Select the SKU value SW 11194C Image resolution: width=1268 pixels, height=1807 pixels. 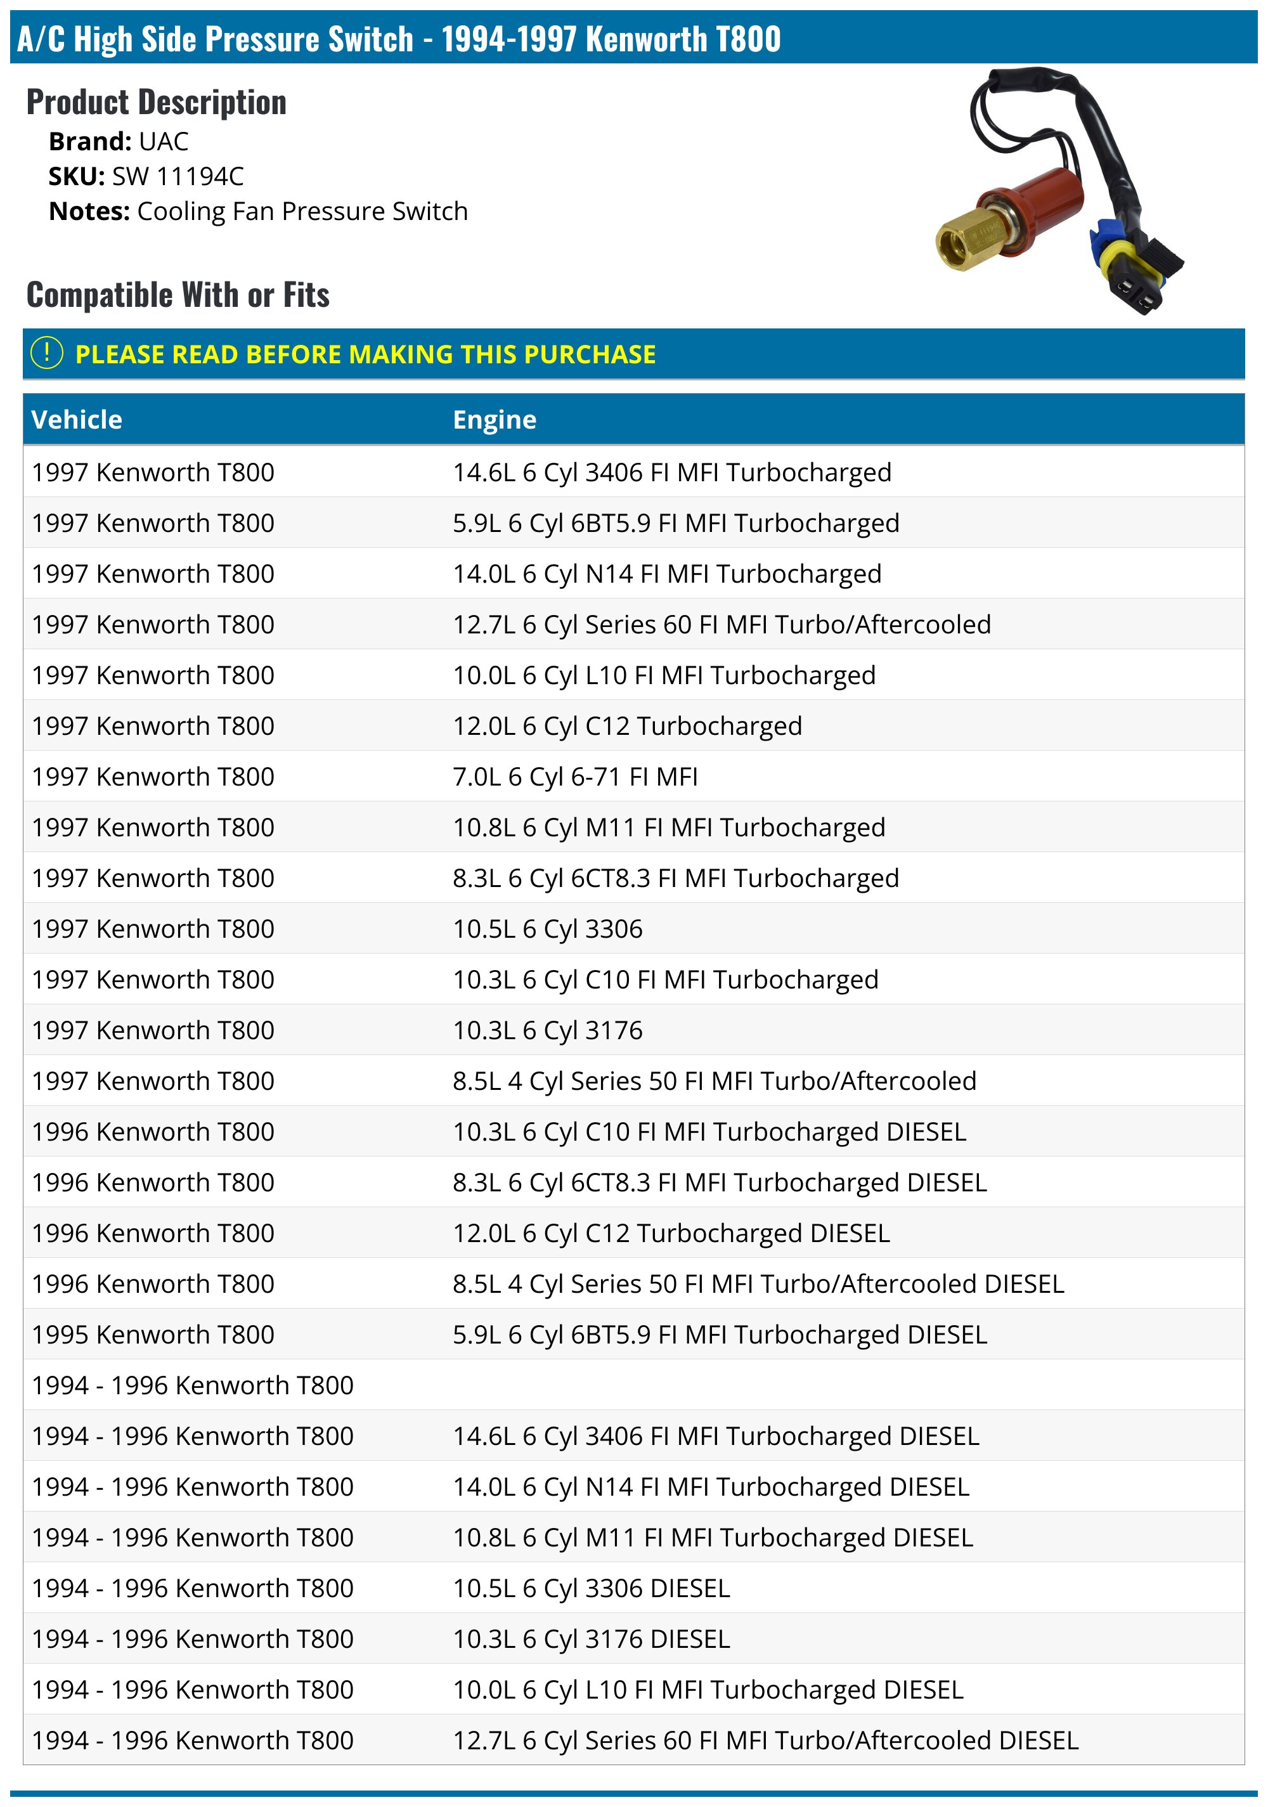pos(178,176)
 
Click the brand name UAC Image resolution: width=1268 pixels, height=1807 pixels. pos(164,141)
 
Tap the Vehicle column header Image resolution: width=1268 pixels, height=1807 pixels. pos(77,420)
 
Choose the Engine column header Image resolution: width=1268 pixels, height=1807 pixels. pos(495,420)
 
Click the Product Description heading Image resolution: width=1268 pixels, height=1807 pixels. pos(157,102)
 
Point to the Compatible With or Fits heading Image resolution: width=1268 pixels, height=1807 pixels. pos(178,295)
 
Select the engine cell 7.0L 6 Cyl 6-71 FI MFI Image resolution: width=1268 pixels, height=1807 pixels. pos(574,777)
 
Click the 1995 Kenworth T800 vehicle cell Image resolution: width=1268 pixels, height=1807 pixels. pos(153,1335)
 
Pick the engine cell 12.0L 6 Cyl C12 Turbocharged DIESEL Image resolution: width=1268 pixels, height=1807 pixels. pos(671,1233)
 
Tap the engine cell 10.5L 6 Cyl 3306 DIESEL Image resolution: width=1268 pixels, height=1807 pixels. pos(591,1588)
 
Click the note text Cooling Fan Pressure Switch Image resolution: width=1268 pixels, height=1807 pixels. pos(302,212)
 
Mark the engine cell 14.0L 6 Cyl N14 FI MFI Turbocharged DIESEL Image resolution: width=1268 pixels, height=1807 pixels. pos(710,1487)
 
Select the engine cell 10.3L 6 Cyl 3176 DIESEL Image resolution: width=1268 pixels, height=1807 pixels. pos(591,1640)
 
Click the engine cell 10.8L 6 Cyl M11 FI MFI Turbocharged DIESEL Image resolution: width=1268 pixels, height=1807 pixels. pos(713,1538)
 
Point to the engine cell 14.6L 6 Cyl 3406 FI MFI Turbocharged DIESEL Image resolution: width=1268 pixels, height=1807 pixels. pos(715,1436)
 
